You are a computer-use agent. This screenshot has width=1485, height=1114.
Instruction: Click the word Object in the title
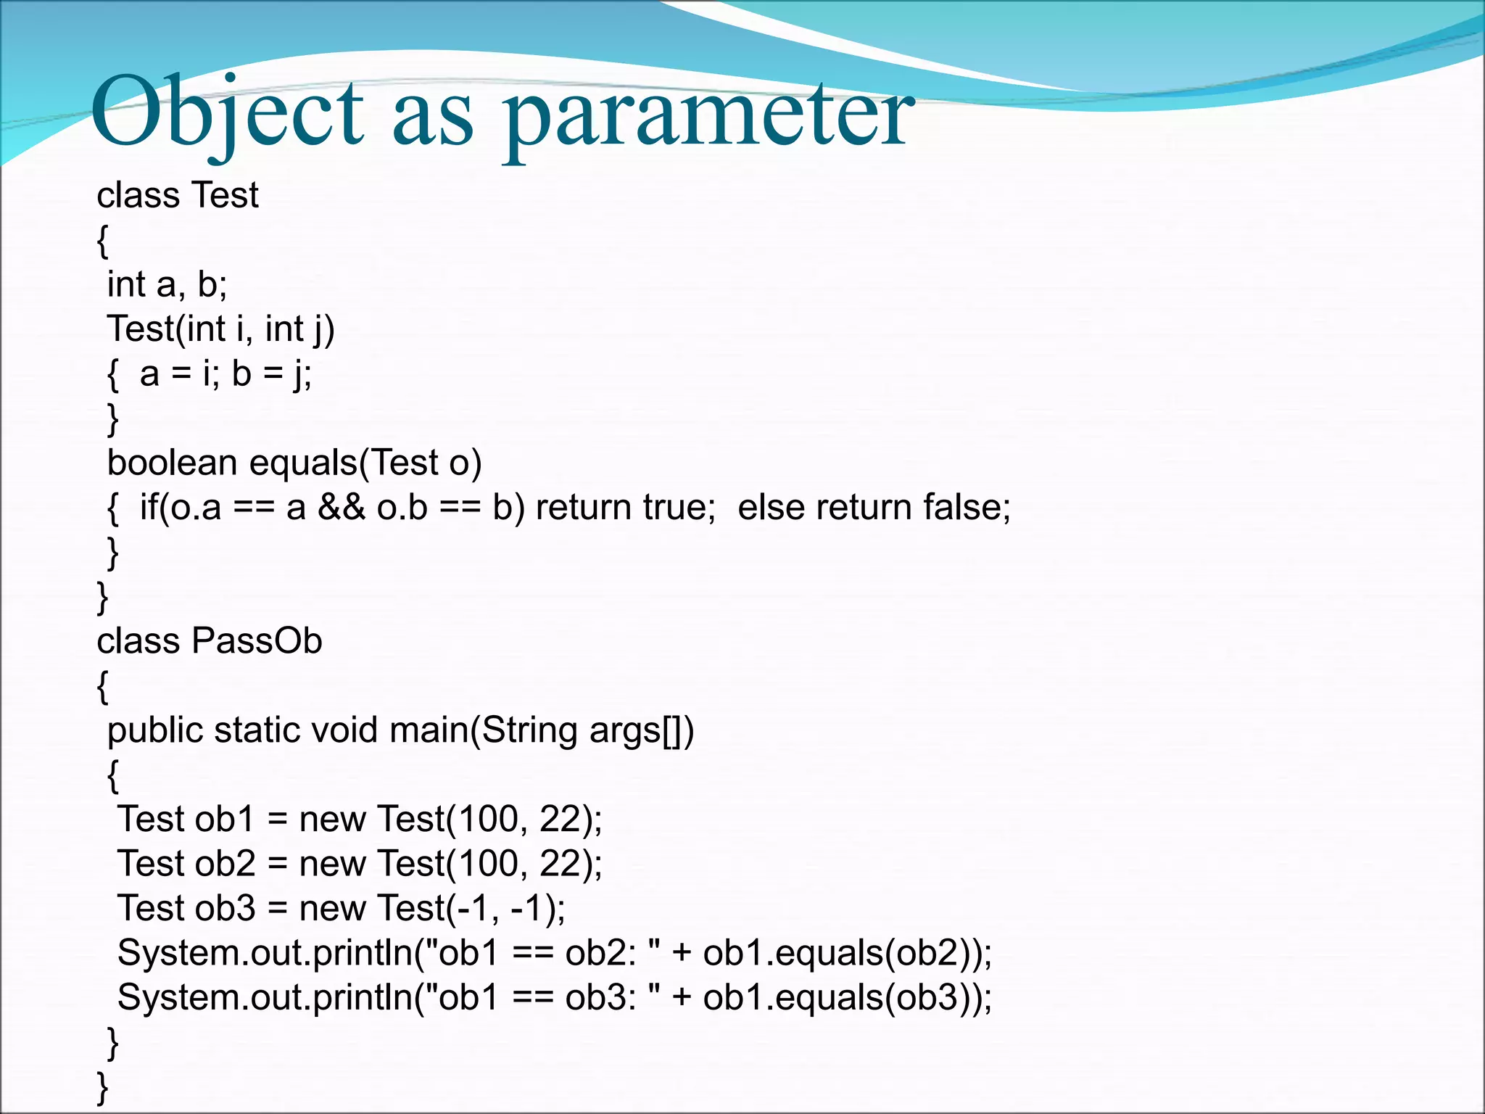pos(226,112)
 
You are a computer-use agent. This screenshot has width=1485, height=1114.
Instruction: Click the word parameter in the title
pos(709,116)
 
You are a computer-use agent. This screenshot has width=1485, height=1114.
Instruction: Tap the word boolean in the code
pos(172,463)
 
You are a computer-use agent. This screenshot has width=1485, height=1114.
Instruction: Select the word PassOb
pos(257,641)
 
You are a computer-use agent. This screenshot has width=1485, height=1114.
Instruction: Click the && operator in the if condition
pos(341,507)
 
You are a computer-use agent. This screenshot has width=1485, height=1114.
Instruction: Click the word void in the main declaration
pos(344,730)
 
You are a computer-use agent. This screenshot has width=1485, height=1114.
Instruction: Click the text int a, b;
pos(167,284)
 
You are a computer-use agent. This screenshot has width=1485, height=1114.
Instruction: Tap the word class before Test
pos(138,196)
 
